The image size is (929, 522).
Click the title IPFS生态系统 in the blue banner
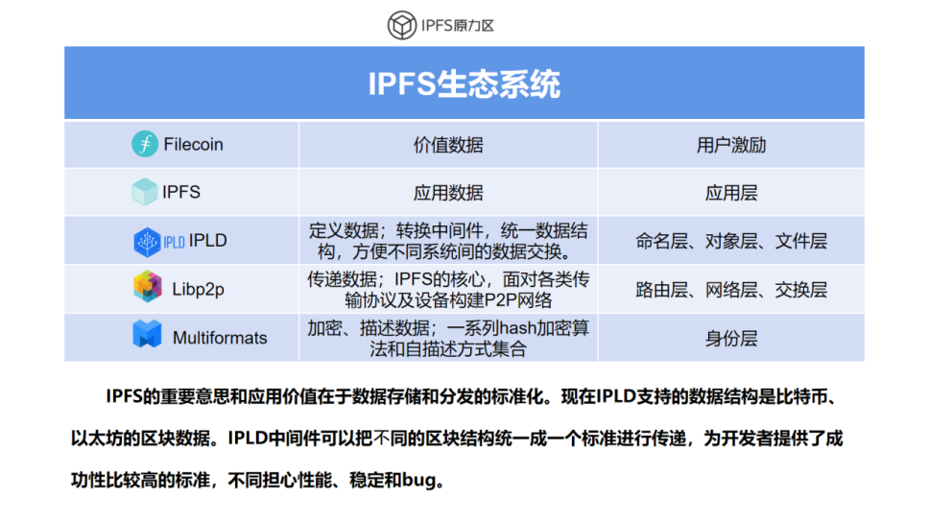pyautogui.click(x=464, y=83)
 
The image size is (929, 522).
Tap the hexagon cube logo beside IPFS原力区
pyautogui.click(x=402, y=25)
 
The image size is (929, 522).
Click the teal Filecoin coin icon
pyautogui.click(x=145, y=144)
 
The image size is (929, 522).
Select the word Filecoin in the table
pyautogui.click(x=193, y=145)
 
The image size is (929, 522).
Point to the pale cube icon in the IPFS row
pyautogui.click(x=144, y=192)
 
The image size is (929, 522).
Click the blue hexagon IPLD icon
pyautogui.click(x=147, y=242)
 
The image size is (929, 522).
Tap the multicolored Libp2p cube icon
pyautogui.click(x=148, y=287)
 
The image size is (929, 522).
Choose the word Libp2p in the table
pyautogui.click(x=198, y=289)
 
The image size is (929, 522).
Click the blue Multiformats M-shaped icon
pyautogui.click(x=147, y=334)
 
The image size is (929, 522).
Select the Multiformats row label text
pyautogui.click(x=220, y=338)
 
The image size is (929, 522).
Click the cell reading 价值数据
pyautogui.click(x=448, y=145)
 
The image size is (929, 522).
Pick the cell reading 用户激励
pyautogui.click(x=731, y=145)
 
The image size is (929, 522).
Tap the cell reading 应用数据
pyautogui.click(x=448, y=193)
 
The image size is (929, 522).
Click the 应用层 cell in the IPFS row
pyautogui.click(x=731, y=193)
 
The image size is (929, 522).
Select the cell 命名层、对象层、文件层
pyautogui.click(x=731, y=241)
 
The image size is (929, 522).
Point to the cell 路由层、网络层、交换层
pyautogui.click(x=731, y=290)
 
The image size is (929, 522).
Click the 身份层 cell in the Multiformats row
pyautogui.click(x=731, y=339)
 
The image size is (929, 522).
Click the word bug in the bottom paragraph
pyautogui.click(x=418, y=480)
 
